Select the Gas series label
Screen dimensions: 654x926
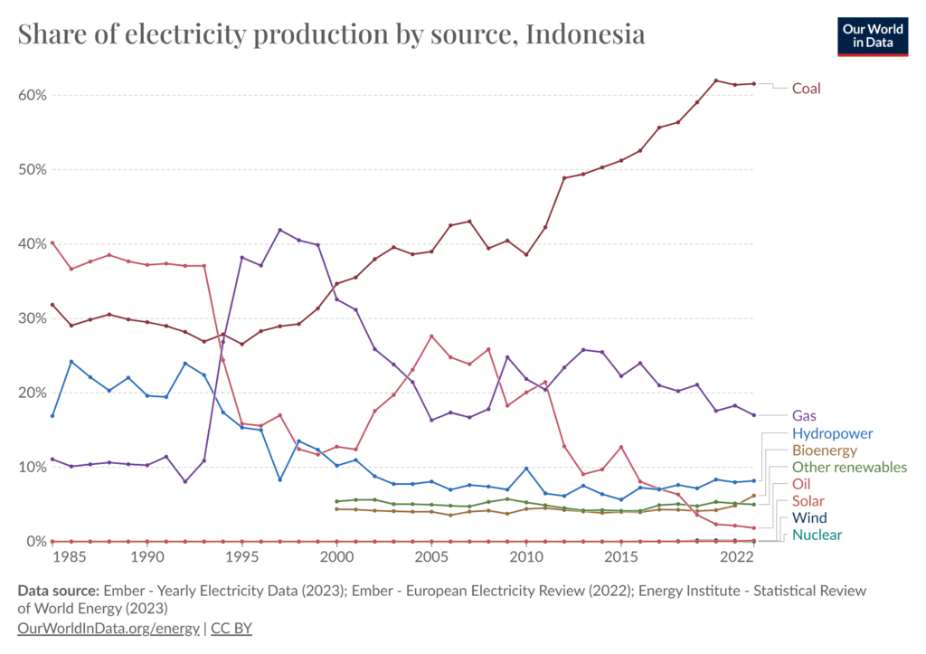pos(805,415)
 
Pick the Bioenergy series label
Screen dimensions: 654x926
pos(824,450)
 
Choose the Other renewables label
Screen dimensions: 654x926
pos(849,468)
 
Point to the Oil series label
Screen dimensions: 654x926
pos(800,485)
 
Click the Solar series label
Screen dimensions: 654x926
pos(808,501)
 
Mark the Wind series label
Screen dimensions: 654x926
pos(808,518)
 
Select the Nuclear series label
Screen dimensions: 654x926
pos(817,536)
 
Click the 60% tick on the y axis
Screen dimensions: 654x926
pos(33,95)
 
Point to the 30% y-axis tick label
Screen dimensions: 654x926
pos(33,318)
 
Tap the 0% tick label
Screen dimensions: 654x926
pos(36,541)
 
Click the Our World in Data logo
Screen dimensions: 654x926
pos(873,35)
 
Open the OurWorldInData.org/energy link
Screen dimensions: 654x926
pos(108,627)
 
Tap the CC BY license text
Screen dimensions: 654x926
pos(231,627)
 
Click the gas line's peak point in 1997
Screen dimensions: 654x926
pos(279,230)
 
